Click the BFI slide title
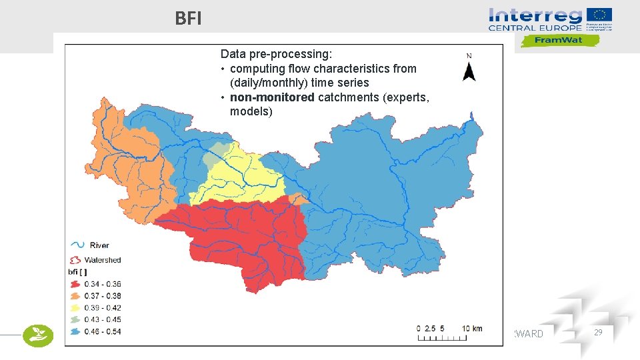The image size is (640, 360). point(188,19)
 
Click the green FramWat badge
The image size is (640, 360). point(559,41)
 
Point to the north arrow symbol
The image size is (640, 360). point(469,70)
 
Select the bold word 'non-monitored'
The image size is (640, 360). point(272,97)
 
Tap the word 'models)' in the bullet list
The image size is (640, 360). point(251,111)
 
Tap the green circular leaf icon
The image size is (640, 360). point(38,335)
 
